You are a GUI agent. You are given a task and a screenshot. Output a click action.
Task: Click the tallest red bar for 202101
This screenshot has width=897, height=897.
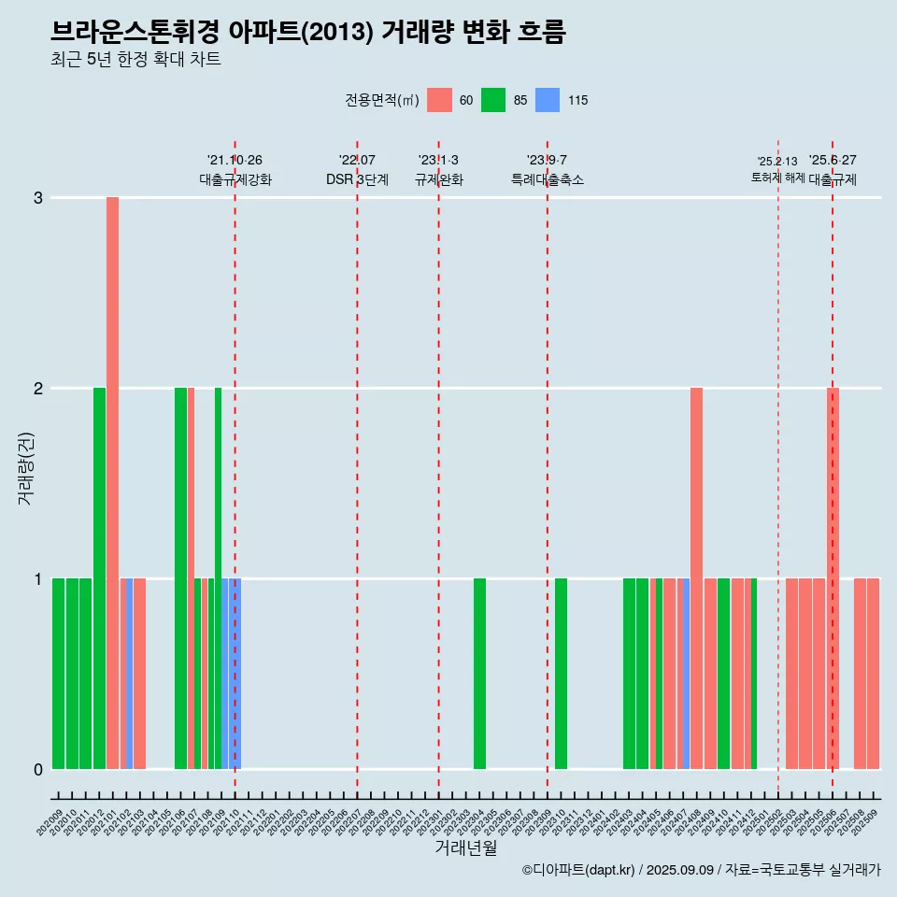coord(112,482)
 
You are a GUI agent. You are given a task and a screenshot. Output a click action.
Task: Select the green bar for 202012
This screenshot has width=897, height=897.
coord(99,577)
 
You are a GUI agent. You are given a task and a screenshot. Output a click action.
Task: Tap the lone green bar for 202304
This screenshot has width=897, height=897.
coord(479,673)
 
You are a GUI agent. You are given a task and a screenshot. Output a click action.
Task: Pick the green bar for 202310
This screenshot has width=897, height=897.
coord(561,673)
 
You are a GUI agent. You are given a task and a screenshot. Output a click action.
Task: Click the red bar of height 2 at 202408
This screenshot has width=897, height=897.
coord(696,577)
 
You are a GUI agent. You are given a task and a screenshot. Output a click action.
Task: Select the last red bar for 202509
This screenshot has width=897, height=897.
coord(873,673)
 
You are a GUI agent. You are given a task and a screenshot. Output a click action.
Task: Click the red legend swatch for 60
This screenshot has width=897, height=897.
coord(439,100)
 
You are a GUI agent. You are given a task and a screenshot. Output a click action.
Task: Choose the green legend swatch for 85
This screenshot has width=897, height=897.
coord(493,100)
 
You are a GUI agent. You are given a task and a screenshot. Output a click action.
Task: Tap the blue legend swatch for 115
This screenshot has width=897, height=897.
coord(548,100)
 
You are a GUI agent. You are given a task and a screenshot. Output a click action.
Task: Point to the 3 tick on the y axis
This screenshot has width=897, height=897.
coord(38,198)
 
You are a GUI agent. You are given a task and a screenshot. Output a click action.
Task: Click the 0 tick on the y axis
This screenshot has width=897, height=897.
coord(38,769)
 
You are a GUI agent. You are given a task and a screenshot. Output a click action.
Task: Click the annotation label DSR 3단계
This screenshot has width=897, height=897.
coord(357,179)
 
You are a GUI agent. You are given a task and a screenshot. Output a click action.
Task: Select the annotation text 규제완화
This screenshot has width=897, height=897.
coord(439,179)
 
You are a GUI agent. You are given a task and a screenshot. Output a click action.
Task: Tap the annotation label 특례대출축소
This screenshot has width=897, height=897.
coord(548,179)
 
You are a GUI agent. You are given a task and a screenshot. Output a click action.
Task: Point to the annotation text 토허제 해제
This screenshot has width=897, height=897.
coord(777,178)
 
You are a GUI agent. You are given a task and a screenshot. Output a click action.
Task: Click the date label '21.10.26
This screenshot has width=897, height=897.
coord(235,160)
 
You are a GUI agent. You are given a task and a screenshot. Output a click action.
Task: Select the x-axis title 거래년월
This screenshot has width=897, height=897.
coord(465,847)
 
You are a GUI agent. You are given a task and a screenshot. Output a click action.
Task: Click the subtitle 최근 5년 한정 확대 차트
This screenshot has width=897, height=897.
coord(136,60)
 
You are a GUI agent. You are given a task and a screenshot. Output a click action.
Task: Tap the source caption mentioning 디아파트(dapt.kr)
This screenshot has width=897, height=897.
coord(701,870)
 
